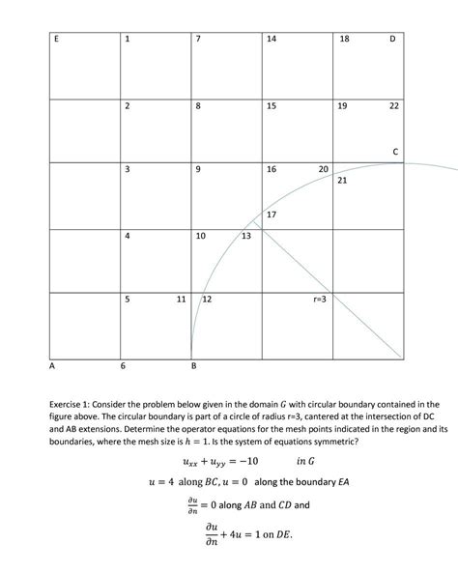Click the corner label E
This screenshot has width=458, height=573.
55,39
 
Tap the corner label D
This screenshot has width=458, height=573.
392,39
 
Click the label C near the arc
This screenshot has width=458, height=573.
395,151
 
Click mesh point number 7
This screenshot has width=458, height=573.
198,39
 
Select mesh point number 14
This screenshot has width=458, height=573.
272,39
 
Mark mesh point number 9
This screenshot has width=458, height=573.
198,170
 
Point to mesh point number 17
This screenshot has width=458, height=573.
272,214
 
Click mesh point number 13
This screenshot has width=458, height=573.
246,236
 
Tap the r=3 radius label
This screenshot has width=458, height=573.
320,301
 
